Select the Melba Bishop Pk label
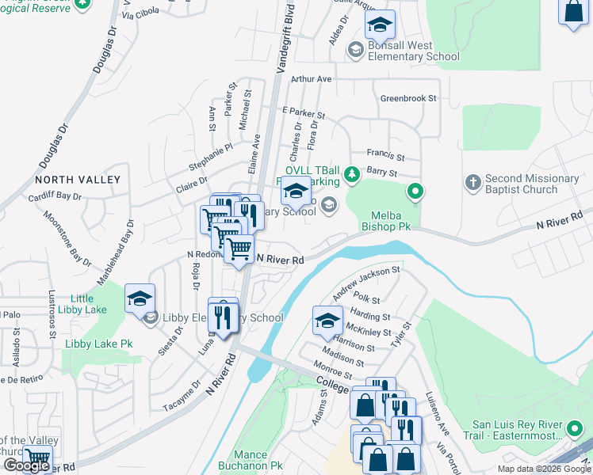pos(391,221)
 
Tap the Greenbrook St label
pos(408,98)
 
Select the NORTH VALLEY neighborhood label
pos(78,180)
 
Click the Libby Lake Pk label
pos(98,344)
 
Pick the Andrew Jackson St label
pos(365,283)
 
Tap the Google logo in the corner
pos(25,465)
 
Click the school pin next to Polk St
pos(327,321)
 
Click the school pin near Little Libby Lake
pos(140,298)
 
